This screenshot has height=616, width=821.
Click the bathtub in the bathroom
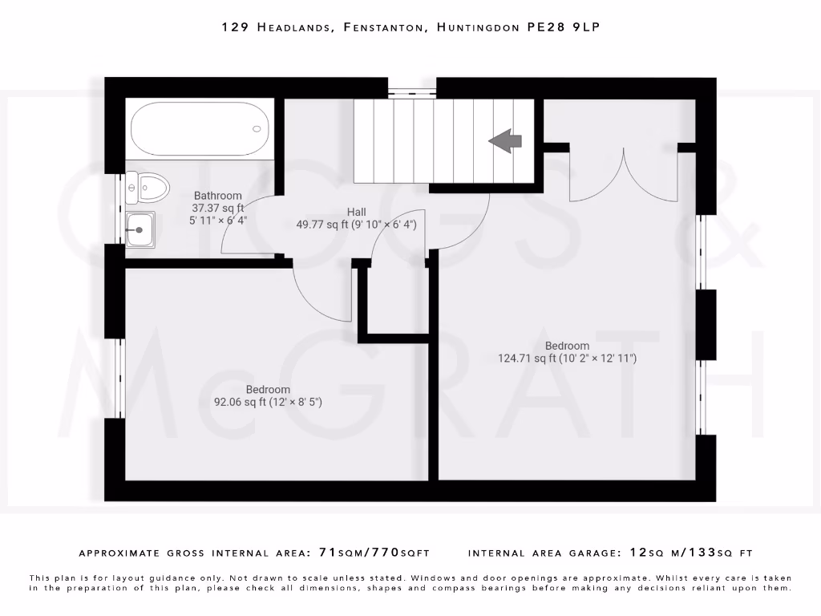(x=199, y=128)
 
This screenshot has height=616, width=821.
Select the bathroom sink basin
(x=141, y=230)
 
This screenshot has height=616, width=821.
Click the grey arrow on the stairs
(x=505, y=141)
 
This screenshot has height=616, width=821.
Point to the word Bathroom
(x=217, y=196)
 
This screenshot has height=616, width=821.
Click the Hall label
(x=357, y=212)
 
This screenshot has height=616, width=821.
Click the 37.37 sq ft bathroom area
(x=217, y=207)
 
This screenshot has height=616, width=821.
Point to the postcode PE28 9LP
(x=563, y=27)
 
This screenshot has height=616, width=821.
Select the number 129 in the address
(x=234, y=27)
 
